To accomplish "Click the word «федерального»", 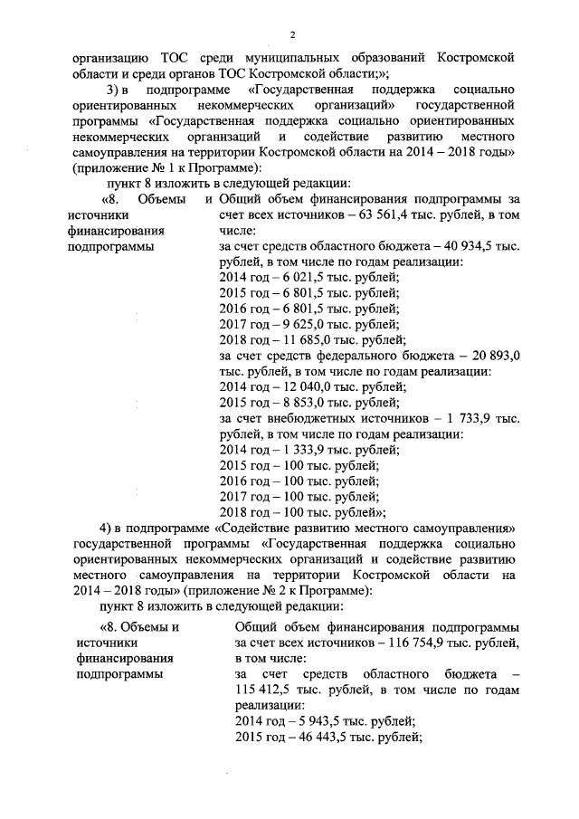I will (x=375, y=357).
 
